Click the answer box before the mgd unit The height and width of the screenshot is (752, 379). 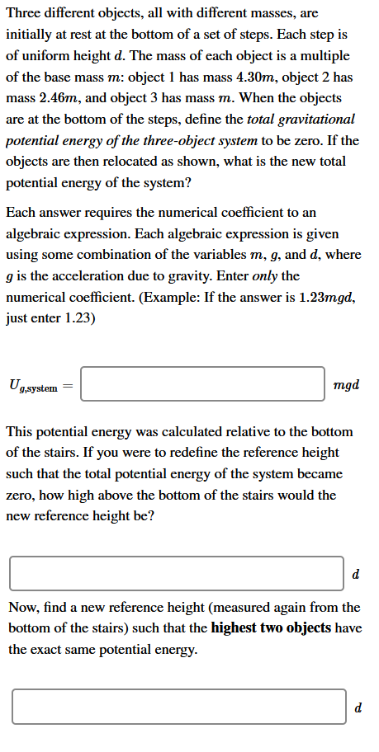202,384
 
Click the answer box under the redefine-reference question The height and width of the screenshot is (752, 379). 177,574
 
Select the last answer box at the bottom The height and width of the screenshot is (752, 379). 178,707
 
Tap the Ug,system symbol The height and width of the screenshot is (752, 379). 33,385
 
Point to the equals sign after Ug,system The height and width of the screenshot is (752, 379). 68,385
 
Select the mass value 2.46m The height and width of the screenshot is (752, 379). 50,99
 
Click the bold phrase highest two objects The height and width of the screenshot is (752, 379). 271,628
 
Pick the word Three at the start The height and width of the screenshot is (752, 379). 24,14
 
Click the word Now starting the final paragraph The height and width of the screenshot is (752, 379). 22,608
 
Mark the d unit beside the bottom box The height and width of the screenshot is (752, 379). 358,707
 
